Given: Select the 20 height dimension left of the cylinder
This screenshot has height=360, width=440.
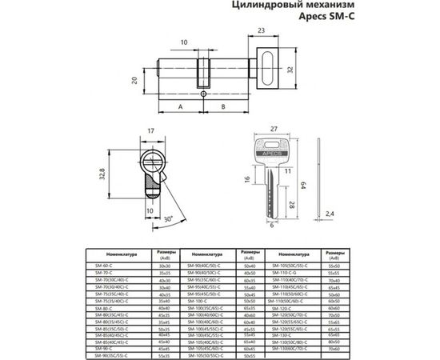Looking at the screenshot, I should [x=135, y=79].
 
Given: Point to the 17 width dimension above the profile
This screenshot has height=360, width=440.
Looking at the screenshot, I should [x=150, y=133].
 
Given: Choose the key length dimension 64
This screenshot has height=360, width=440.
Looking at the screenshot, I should [x=306, y=186].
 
